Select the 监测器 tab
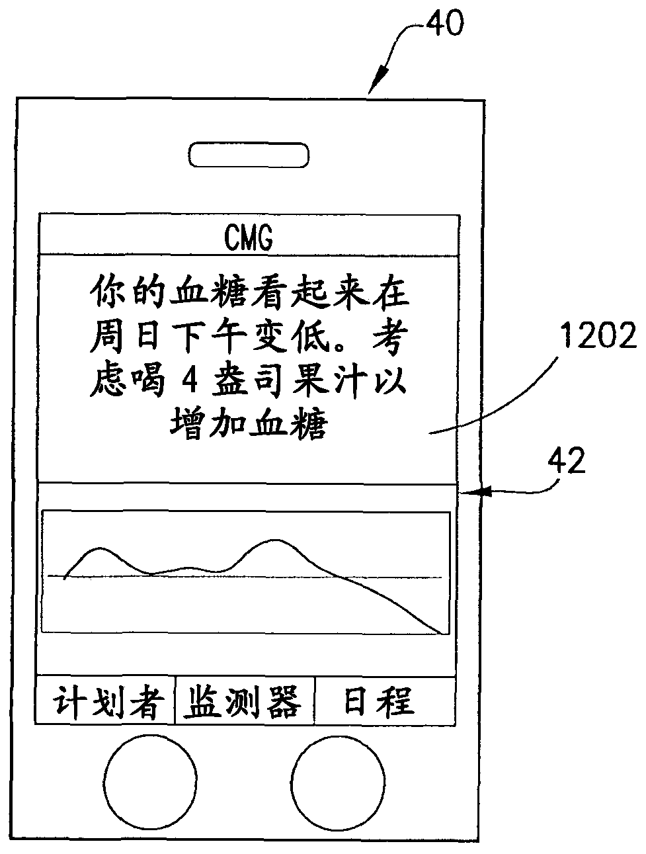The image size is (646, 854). pos(245,702)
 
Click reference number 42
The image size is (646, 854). pos(567,461)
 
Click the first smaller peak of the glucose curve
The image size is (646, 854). pos(99,548)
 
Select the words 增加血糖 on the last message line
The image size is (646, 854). pos(249,424)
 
